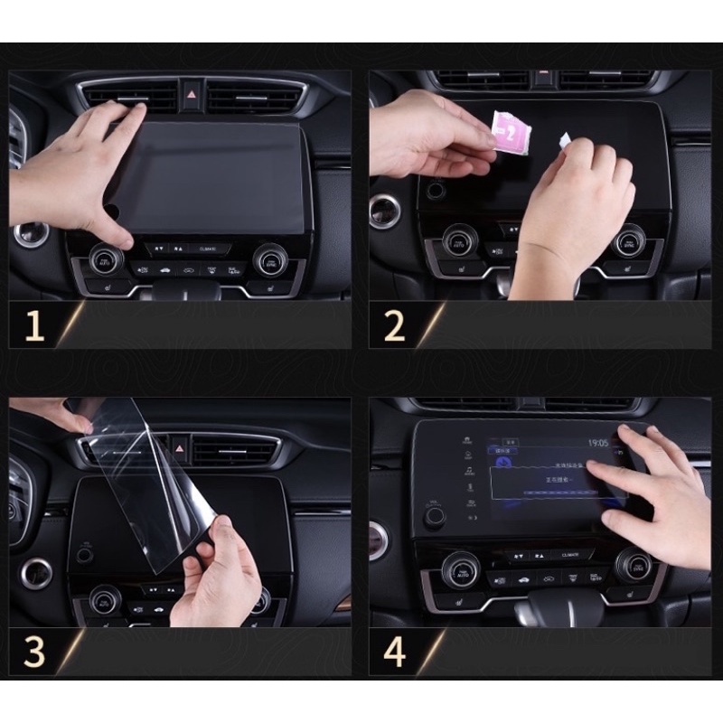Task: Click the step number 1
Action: [34, 324]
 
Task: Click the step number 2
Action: [394, 324]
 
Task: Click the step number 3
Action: [33, 652]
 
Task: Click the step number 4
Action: [394, 652]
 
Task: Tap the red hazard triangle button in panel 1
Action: [192, 91]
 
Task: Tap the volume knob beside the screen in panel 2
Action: [436, 191]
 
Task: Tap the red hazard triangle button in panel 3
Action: [179, 446]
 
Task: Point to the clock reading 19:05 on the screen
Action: [598, 443]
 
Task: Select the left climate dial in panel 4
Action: [460, 568]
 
